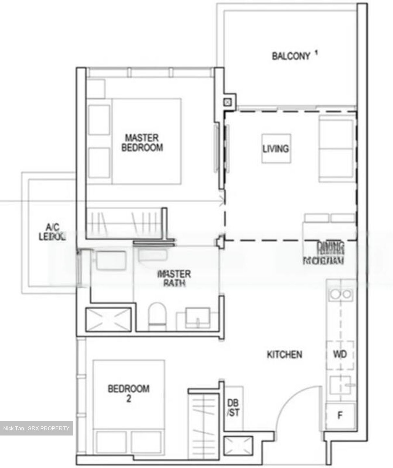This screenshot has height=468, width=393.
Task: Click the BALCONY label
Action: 291,56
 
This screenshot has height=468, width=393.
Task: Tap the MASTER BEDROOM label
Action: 142,143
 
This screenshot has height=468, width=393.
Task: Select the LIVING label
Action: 276,149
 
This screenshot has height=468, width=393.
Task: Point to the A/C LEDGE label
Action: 52,232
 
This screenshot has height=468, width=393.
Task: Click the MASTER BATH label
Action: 174,278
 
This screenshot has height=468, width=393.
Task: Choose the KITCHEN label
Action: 285,354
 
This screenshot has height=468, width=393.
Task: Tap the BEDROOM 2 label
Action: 129,393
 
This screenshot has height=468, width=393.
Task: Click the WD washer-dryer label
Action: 340,355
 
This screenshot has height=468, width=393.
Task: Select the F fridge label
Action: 340,415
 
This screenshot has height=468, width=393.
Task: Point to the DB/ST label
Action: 233,408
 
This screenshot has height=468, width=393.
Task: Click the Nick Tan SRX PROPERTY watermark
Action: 36,428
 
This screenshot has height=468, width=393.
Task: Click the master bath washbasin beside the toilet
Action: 198,318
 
